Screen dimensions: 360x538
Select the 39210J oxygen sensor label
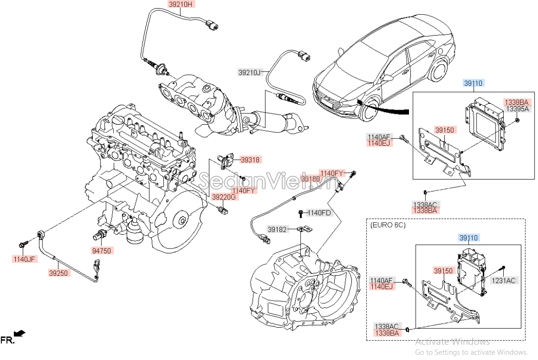250,72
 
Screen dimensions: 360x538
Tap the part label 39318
250,160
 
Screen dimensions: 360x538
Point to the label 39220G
224,197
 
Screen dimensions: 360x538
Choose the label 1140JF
24,259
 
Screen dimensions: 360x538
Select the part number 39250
59,273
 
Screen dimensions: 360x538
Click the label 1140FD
319,212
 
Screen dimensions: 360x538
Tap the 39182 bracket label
278,230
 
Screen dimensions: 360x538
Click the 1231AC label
504,280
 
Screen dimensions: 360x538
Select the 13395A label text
517,109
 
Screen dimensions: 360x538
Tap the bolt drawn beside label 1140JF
22,244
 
